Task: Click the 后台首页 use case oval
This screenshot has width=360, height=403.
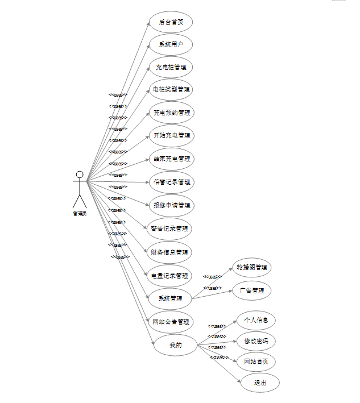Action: coord(171,22)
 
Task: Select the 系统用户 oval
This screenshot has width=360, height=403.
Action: coord(171,44)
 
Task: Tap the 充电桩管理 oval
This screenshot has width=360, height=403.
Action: coord(171,67)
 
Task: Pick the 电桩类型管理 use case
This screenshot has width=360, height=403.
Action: coord(171,89)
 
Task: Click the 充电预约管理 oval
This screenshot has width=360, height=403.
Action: coord(171,113)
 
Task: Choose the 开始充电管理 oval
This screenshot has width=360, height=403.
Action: coord(171,136)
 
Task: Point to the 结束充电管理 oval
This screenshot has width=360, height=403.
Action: coord(171,159)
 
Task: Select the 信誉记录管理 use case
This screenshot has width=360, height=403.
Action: coord(171,182)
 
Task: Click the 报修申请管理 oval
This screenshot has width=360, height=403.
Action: coord(171,205)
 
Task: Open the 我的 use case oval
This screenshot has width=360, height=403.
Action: coord(175,345)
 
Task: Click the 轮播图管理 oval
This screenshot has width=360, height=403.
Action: coord(251,267)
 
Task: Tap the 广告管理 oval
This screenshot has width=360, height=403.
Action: coord(251,290)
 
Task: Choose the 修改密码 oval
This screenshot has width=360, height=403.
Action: coord(256,341)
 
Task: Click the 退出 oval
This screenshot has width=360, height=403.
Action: coord(259,383)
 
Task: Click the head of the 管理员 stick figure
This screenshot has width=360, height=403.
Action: coord(80,175)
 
